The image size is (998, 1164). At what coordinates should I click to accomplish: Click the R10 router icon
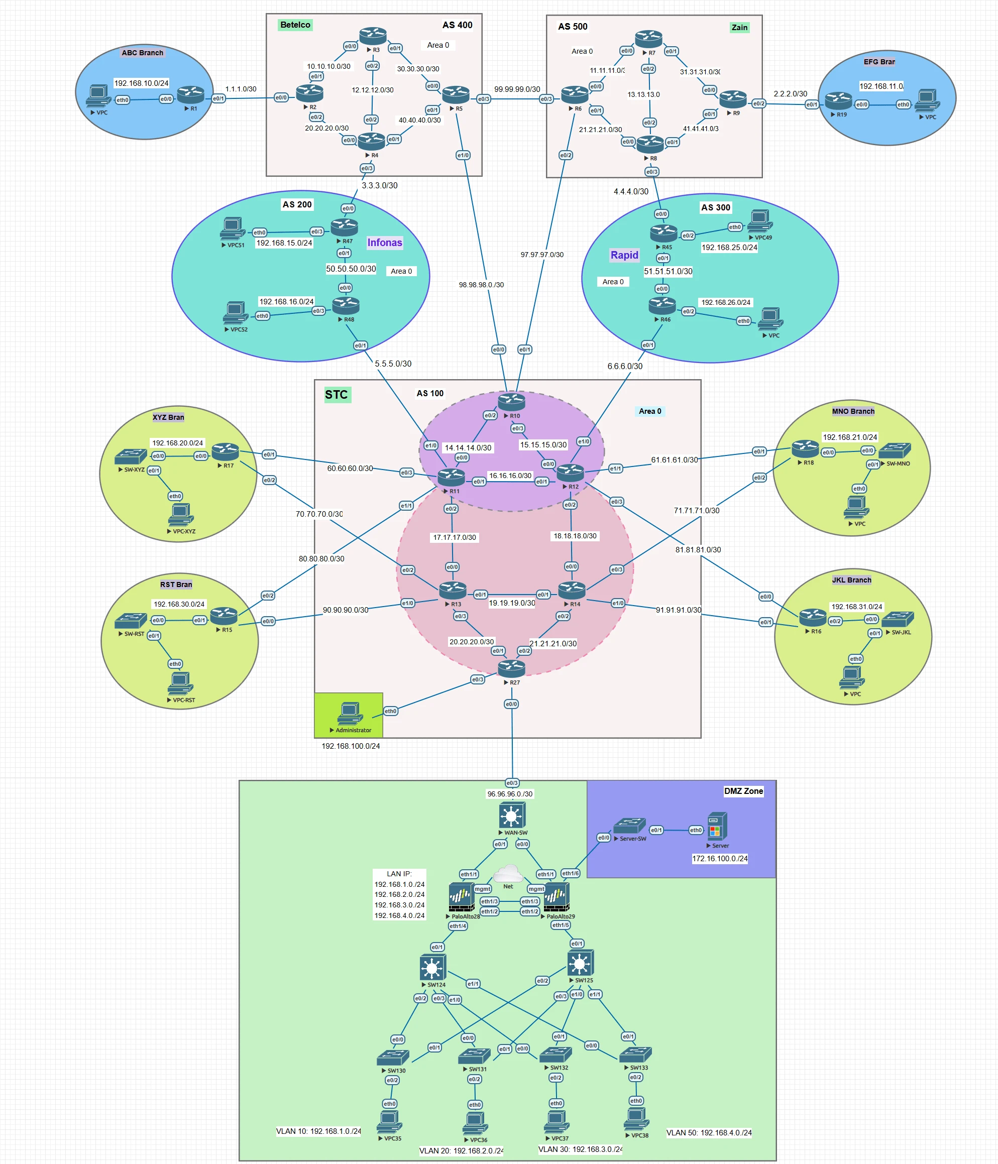(x=511, y=401)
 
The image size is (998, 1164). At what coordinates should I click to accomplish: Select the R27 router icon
(x=511, y=668)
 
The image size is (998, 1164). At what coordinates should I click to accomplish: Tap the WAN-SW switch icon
(x=511, y=814)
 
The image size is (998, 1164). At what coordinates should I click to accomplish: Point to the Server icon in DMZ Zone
(x=717, y=826)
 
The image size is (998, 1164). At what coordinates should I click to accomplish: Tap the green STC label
(x=336, y=394)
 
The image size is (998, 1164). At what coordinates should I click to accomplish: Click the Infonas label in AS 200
(x=384, y=243)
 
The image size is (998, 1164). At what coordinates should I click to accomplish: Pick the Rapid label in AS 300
(x=624, y=255)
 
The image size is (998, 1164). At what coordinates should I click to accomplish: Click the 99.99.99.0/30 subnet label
(x=517, y=89)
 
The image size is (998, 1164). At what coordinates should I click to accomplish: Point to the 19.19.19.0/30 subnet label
(x=511, y=603)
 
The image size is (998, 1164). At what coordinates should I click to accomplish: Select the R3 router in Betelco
(x=373, y=37)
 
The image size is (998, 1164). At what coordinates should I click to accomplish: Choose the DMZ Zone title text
(x=743, y=791)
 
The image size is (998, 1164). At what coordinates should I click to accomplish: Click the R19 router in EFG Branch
(x=838, y=100)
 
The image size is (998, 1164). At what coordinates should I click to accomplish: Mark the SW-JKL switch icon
(x=897, y=619)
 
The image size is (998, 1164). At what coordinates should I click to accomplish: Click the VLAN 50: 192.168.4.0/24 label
(x=709, y=1132)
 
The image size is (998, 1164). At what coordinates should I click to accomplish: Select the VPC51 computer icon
(x=232, y=228)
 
